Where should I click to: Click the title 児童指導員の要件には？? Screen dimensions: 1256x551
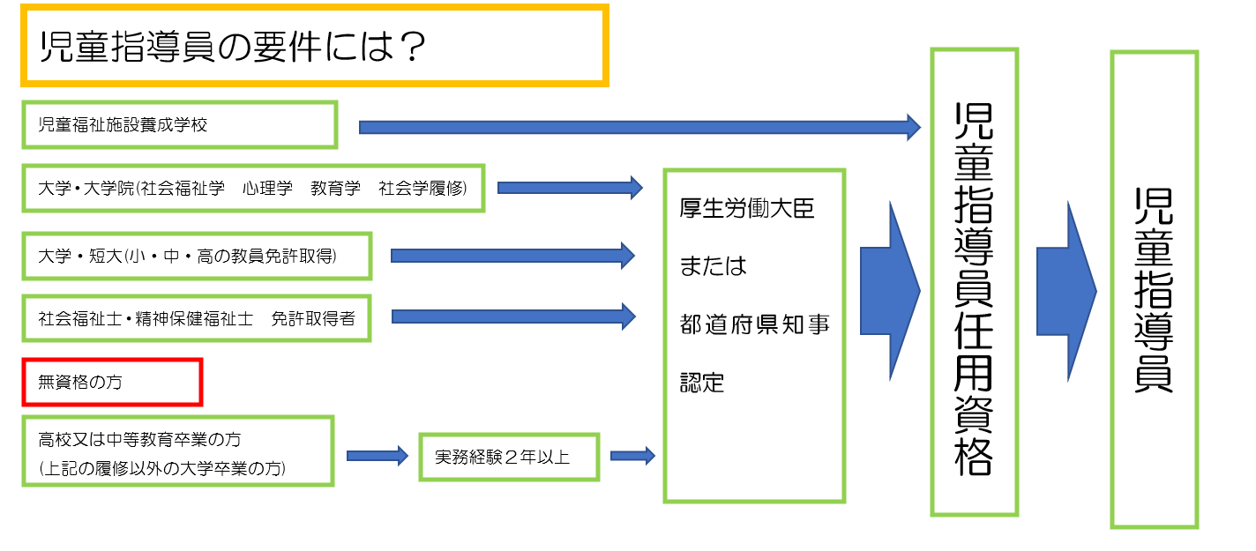233,46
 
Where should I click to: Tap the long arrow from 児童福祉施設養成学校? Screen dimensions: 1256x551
639,127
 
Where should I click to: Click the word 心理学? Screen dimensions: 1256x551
267,189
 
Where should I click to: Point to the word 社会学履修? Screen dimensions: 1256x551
422,189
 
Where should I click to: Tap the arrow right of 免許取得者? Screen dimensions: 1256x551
513,316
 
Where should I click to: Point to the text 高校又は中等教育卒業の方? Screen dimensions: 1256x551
139,439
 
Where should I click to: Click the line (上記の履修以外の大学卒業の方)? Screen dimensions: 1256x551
162,468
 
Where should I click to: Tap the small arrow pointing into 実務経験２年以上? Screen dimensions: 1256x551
378,456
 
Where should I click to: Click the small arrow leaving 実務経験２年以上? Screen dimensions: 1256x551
633,456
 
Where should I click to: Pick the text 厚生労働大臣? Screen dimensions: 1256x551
747,209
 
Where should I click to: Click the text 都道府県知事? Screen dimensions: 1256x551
755,324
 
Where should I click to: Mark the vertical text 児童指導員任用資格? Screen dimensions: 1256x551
974,288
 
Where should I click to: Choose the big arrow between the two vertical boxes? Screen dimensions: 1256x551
1066,292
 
